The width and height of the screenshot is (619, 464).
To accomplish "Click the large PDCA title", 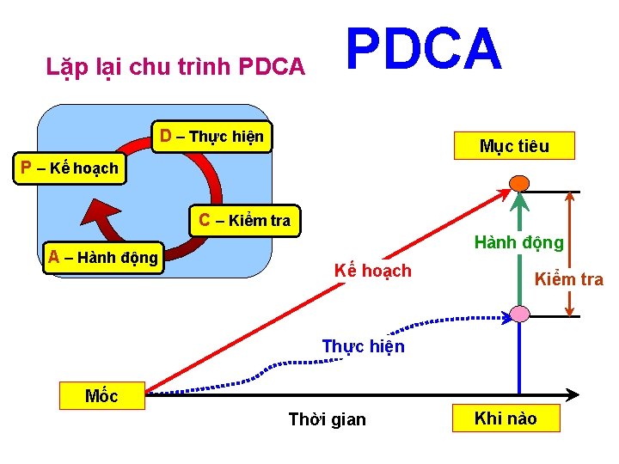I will coord(424,49).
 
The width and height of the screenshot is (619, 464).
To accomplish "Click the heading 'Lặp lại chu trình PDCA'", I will coord(175,66).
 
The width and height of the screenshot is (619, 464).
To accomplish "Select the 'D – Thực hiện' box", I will coord(211,137).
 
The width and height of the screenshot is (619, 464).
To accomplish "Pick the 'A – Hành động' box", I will coord(103,257).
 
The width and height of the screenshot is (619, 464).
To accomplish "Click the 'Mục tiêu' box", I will coord(514,146).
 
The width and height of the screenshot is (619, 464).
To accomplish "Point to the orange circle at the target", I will coord(519,182).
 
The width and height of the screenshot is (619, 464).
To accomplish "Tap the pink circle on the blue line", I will coord(519,313).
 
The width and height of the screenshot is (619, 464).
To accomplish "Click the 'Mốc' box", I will coord(101,396).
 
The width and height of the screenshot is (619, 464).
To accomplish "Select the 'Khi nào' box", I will coord(506,418).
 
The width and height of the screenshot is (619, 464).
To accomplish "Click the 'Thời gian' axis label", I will coord(327,419).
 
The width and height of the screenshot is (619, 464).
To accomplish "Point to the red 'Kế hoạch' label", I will coord(372,272).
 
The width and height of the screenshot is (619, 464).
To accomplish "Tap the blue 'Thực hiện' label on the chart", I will coord(363,346).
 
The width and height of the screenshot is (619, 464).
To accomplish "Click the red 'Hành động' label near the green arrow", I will coord(519,242).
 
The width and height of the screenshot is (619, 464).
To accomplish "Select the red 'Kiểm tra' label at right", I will coord(569,279).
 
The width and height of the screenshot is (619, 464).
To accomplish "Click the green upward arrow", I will coord(519,249).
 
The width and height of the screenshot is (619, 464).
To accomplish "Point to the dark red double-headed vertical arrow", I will coord(570,249).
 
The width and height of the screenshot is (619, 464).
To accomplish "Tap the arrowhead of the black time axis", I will coord(573,396).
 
